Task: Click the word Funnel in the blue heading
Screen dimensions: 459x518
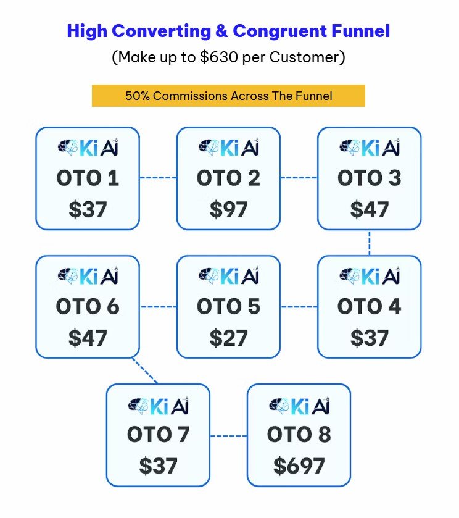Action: pyautogui.click(x=360, y=31)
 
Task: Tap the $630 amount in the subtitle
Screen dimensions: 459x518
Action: pyautogui.click(x=219, y=57)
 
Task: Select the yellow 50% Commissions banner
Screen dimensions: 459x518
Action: pyautogui.click(x=228, y=96)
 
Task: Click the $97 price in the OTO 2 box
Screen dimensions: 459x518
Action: pyautogui.click(x=228, y=209)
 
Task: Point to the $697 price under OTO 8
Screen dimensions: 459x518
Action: pyautogui.click(x=299, y=466)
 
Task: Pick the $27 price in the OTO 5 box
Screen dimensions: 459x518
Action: pyautogui.click(x=228, y=338)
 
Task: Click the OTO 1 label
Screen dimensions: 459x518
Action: pyautogui.click(x=88, y=178)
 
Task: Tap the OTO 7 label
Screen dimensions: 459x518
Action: pyautogui.click(x=158, y=434)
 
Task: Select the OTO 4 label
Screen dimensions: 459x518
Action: pyautogui.click(x=369, y=306)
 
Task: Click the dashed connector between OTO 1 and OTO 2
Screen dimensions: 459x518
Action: pyautogui.click(x=158, y=178)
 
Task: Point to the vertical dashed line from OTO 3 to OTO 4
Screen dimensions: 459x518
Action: pyautogui.click(x=369, y=243)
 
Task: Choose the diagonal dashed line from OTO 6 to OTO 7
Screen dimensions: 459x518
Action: pyautogui.click(x=145, y=370)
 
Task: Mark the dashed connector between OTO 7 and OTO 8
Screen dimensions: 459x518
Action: pyautogui.click(x=228, y=436)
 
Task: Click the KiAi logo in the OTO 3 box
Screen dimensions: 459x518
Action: pyautogui.click(x=370, y=148)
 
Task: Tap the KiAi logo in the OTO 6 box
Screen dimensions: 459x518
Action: pyautogui.click(x=88, y=276)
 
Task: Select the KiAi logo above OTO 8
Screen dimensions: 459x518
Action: pyautogui.click(x=299, y=406)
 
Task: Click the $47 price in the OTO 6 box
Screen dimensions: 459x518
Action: pyautogui.click(x=88, y=338)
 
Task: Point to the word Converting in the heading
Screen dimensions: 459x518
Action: pyautogui.click(x=162, y=31)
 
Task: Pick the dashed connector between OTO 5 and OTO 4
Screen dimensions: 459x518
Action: pyautogui.click(x=299, y=307)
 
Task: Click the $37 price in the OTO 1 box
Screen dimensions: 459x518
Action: pyautogui.click(x=88, y=209)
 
